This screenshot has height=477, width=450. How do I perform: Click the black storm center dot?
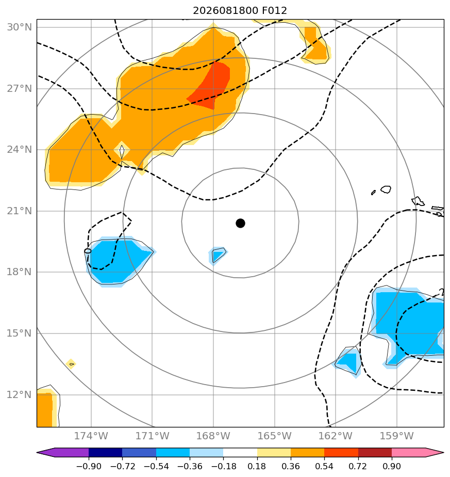240,224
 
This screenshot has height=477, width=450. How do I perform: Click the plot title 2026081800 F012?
240,11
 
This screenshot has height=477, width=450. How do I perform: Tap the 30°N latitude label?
20,27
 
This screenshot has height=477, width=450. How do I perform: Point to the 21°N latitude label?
20,211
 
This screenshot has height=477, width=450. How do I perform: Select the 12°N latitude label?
20,394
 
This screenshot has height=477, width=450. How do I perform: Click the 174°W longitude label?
91,436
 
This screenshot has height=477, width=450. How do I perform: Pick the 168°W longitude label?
213,436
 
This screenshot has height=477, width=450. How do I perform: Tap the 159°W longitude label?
397,436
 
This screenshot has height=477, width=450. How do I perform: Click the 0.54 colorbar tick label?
324,466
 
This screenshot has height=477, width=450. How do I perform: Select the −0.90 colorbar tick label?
89,466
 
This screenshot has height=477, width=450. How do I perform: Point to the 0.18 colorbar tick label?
257,466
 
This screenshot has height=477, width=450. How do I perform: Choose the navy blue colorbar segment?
106,452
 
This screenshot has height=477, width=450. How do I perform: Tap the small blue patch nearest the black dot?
218,255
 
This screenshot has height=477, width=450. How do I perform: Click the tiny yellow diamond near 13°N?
71,364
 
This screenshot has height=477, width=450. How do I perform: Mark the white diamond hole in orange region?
122,151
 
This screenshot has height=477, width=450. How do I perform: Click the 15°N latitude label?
20,333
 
